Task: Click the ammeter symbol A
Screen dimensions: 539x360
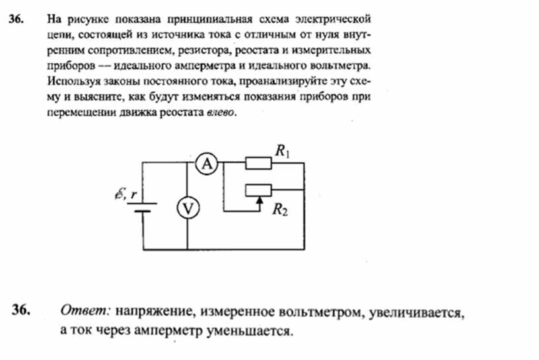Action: click(x=207, y=164)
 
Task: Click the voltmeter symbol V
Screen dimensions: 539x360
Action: click(x=188, y=208)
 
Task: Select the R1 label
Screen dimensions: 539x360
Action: click(x=282, y=151)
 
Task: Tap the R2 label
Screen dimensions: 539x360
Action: click(x=280, y=209)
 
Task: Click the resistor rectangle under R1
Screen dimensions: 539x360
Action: click(x=258, y=163)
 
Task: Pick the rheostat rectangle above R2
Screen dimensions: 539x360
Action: click(x=258, y=190)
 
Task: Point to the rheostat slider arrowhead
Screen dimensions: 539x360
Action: click(x=260, y=199)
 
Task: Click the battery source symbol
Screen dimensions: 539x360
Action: click(x=142, y=207)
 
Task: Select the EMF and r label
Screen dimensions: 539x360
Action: click(x=126, y=194)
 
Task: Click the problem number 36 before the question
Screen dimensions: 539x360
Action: click(x=17, y=19)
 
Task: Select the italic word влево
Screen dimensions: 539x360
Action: click(x=221, y=112)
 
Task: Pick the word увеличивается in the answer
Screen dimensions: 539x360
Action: click(x=417, y=313)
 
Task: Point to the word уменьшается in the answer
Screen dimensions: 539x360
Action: click(x=250, y=331)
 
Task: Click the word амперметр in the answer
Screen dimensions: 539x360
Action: click(x=167, y=331)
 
